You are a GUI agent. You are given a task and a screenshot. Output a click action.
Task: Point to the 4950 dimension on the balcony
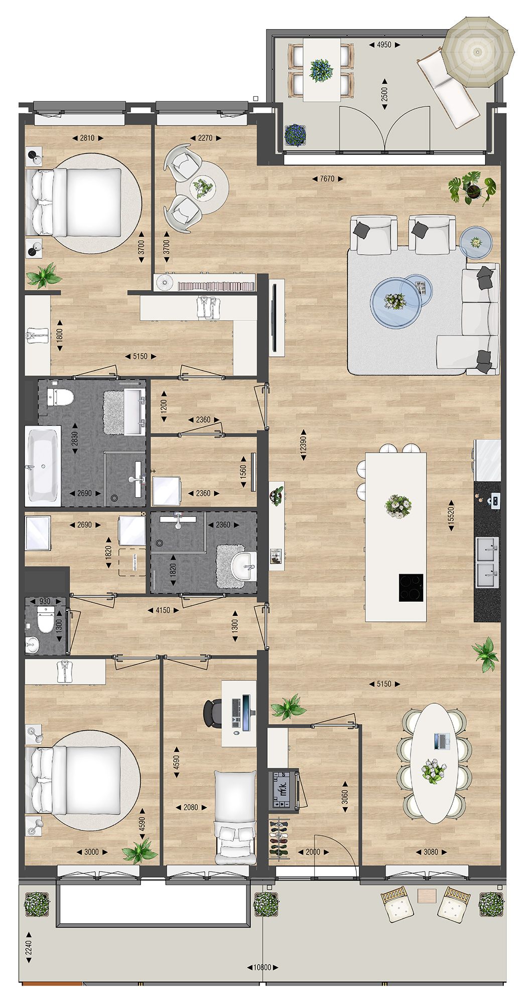point(383,45)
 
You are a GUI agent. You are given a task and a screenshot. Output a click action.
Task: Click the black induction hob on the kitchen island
point(411,588)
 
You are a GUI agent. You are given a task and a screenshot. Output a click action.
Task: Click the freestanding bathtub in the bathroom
point(43,466)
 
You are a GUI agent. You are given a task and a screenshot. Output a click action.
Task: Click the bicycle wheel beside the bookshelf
point(164,282)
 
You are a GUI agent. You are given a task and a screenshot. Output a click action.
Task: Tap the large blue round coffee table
point(395,302)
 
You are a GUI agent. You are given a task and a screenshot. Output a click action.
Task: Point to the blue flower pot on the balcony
point(295,135)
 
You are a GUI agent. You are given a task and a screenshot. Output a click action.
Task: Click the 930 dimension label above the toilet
point(45,601)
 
